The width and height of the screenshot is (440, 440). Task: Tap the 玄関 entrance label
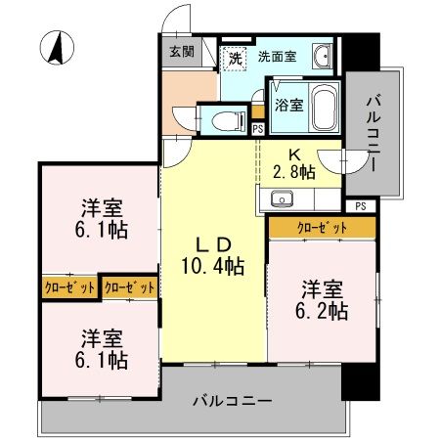181,51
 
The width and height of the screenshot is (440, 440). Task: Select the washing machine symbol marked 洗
235,58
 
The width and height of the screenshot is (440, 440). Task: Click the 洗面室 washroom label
278,56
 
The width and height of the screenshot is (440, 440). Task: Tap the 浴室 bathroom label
288,105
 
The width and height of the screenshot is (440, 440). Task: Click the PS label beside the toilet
257,128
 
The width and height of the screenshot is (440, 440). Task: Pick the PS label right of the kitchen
361,205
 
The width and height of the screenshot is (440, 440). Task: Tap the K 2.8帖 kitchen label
294,162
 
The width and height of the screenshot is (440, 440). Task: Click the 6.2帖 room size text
324,311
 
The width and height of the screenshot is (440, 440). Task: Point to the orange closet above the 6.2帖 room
323,228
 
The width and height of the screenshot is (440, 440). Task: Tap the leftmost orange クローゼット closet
69,287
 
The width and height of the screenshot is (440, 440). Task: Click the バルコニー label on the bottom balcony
232,400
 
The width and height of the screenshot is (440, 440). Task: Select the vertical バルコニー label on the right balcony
375,133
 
